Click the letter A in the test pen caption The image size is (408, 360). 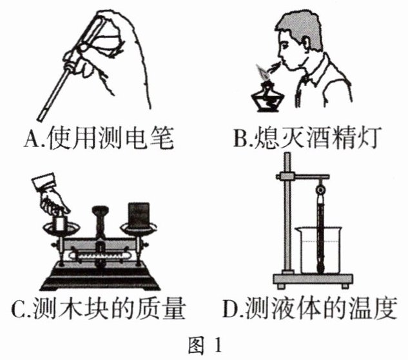click(x=30, y=137)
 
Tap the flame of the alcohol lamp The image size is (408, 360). click(x=262, y=72)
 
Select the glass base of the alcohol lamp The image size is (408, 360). click(x=266, y=99)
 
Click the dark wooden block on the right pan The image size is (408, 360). click(x=139, y=215)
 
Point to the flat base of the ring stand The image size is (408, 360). click(x=313, y=280)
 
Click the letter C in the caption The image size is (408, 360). click(x=18, y=310)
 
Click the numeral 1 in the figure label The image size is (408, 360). click(x=218, y=345)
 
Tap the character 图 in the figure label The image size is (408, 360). click(x=196, y=345)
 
